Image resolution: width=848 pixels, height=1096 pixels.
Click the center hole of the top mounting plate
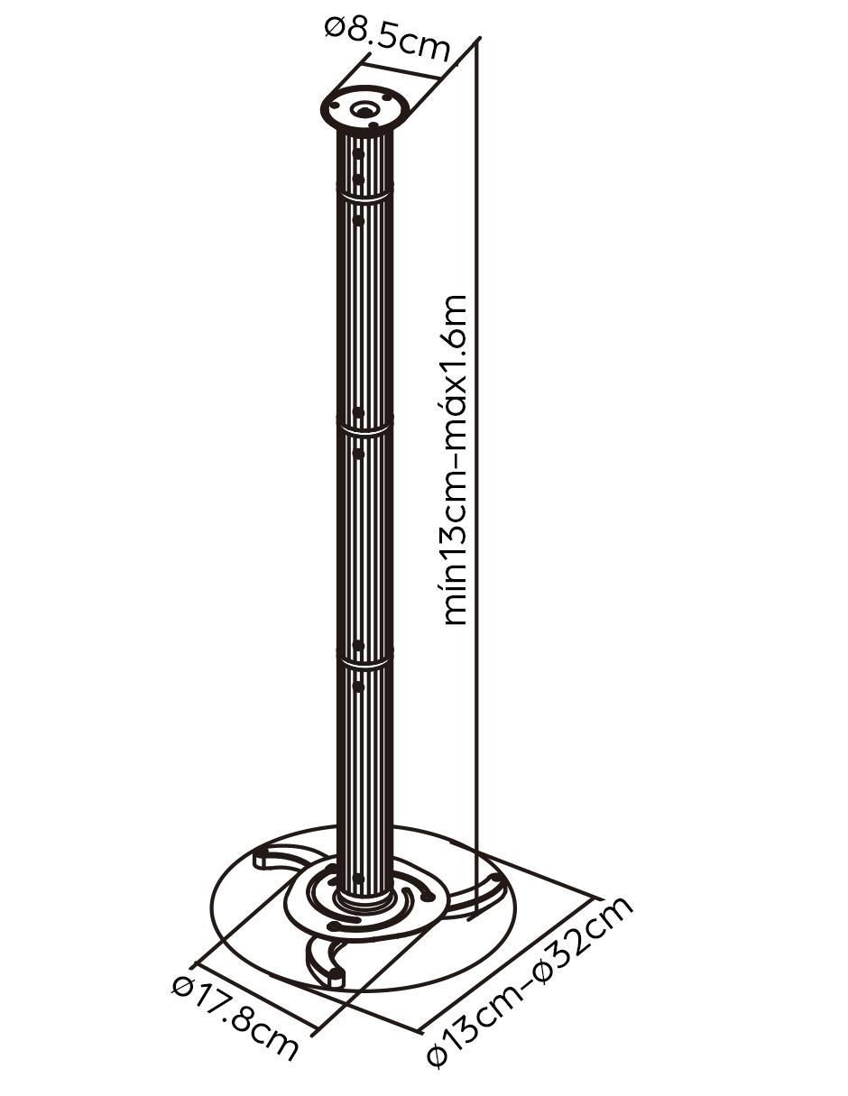(x=364, y=110)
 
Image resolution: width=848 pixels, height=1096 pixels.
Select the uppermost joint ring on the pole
(x=364, y=196)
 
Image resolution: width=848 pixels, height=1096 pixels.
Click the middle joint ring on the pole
(x=364, y=428)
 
